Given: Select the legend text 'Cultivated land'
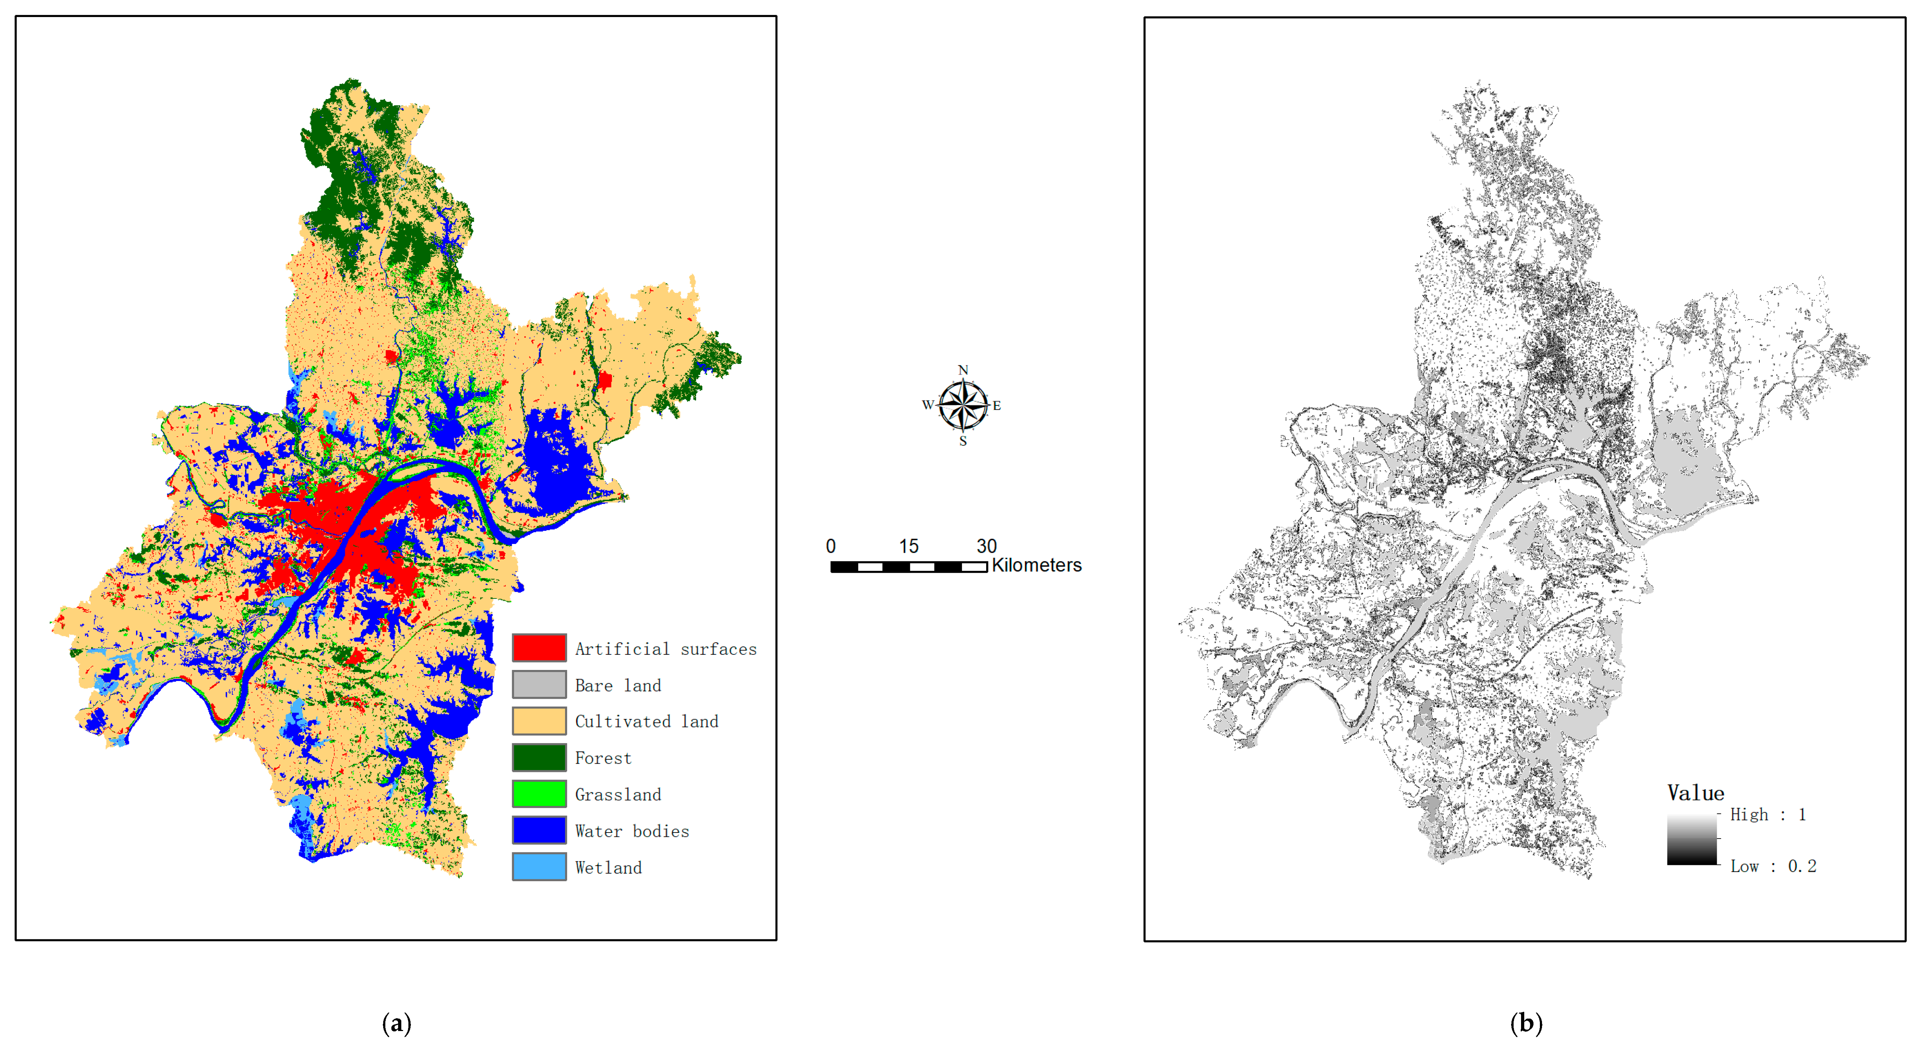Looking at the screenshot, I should [646, 721].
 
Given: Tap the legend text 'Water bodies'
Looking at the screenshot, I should [632, 831].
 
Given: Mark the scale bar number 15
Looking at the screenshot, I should [908, 546].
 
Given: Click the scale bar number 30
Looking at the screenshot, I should [986, 546].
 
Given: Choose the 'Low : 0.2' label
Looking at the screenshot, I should [1773, 866].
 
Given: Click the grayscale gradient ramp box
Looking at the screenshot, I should [1692, 839].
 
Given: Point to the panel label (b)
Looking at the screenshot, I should [1526, 1023].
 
